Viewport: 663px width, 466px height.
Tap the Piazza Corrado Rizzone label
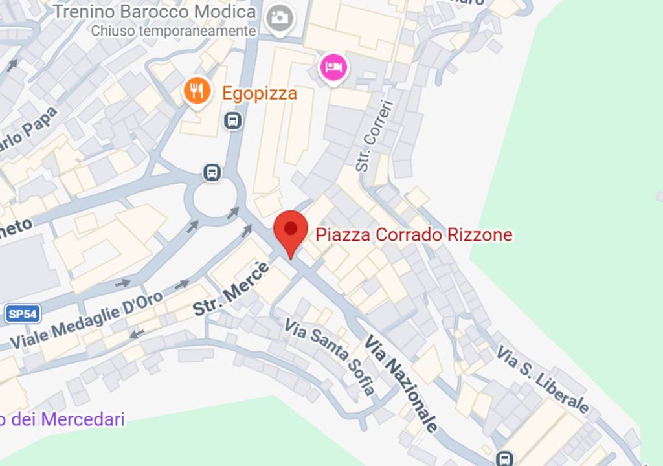click(x=414, y=234)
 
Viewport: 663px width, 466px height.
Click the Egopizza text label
click(x=260, y=93)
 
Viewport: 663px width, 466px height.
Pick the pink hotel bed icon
click(x=333, y=67)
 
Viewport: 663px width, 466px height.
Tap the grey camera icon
click(x=280, y=17)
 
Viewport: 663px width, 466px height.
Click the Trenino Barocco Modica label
click(x=154, y=12)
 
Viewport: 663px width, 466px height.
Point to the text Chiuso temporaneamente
click(x=173, y=30)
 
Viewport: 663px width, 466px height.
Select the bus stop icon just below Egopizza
click(x=233, y=120)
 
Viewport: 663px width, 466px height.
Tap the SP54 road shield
click(x=23, y=315)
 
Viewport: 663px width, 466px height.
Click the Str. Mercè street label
click(x=230, y=289)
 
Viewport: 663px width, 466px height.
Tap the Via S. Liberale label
click(x=543, y=379)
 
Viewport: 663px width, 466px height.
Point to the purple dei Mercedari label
click(x=63, y=419)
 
